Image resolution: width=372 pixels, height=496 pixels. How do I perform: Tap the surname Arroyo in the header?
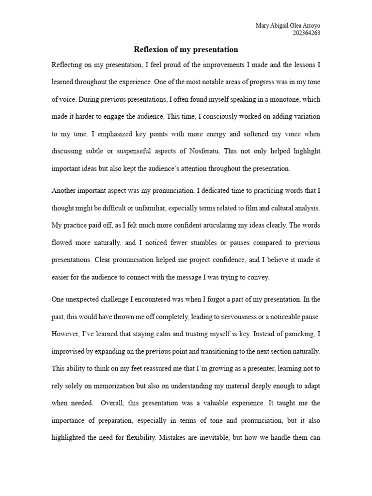click(310, 26)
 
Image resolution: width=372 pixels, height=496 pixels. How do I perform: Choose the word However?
click(64, 334)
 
